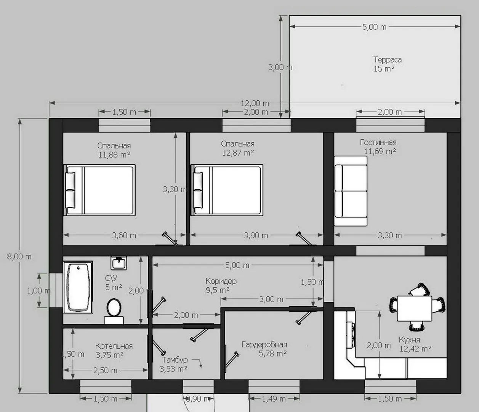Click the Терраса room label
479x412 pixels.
click(388, 60)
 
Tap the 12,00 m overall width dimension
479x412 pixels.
click(255, 103)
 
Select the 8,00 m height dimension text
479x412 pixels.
click(19, 256)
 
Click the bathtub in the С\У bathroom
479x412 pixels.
click(78, 287)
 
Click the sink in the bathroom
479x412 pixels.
click(119, 263)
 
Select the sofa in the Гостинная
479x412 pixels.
click(351, 191)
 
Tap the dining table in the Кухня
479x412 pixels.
click(415, 308)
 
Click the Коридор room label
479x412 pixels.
click(221, 281)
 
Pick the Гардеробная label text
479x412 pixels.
click(264, 344)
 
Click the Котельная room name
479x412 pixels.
click(114, 346)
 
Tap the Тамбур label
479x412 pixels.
click(175, 360)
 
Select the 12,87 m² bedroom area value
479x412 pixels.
click(238, 153)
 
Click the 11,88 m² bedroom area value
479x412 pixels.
click(114, 154)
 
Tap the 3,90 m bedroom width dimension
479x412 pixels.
click(256, 235)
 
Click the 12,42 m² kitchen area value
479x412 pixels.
click(415, 349)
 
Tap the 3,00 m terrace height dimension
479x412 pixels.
click(280, 67)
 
